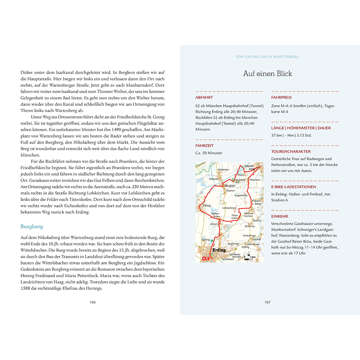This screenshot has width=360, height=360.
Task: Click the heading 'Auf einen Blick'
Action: point(267,74)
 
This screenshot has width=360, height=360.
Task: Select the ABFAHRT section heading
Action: point(204,97)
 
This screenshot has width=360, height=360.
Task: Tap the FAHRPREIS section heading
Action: point(282,97)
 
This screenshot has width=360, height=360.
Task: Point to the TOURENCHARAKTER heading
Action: point(291,152)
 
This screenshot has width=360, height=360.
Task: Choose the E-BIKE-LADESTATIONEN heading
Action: point(294,187)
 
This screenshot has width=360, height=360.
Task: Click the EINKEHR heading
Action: point(280,216)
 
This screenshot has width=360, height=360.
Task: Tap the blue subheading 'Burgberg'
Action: point(32,226)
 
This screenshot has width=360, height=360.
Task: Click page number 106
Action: point(93,302)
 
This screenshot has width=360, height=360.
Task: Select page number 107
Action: point(267,302)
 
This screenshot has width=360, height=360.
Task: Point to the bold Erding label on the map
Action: point(219,250)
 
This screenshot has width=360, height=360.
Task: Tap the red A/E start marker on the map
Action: point(205,258)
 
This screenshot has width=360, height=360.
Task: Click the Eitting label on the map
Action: point(206,206)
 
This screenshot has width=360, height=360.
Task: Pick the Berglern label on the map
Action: point(229,185)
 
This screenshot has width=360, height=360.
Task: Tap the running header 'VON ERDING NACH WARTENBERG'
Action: point(267,57)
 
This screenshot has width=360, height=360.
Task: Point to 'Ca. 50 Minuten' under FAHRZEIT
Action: point(209,153)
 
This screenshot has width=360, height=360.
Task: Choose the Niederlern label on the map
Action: point(224,169)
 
